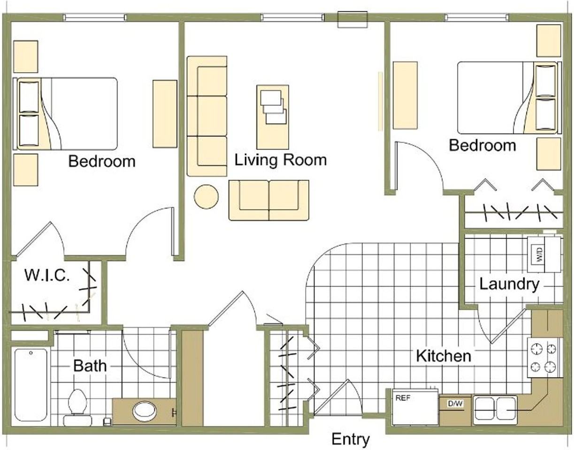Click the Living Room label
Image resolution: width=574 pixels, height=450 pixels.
[281, 161]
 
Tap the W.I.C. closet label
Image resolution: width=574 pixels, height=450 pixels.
[47, 275]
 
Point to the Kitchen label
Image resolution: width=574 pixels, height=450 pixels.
[444, 356]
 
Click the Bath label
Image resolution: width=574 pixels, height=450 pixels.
[90, 366]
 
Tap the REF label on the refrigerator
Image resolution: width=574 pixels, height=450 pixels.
[403, 398]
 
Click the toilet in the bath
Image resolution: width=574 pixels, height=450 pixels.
[77, 407]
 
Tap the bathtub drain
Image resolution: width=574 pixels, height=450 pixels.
[31, 352]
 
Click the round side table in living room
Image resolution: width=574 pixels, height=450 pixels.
[206, 196]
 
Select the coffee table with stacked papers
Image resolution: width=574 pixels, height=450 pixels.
[273, 117]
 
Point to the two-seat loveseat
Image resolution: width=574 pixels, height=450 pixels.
[268, 200]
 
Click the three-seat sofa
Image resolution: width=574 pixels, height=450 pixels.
[207, 116]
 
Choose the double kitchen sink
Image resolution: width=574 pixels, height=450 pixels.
[495, 410]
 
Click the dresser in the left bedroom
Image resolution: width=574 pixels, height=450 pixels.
[165, 114]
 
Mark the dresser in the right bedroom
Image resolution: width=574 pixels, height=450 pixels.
[405, 95]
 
